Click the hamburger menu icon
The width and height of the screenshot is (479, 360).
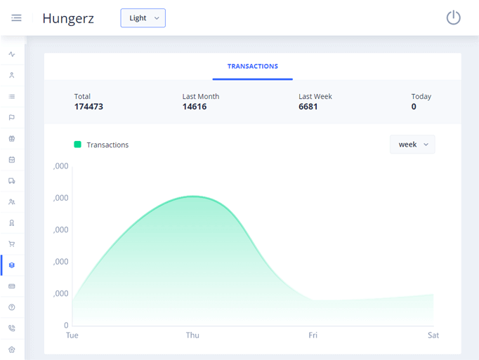pos(16,18)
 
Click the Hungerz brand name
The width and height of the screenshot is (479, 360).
pos(68,18)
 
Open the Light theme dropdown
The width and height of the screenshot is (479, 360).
pos(143,18)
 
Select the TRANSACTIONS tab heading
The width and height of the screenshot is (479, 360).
pos(252,67)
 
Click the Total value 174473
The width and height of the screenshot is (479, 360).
pos(88,107)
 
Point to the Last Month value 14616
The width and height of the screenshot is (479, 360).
pos(195,107)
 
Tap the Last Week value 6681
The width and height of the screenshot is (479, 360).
pos(308,107)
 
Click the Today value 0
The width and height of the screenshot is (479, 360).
pos(414,107)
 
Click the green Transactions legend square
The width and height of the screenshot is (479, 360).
pos(78,145)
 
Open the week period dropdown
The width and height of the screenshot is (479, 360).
pos(412,145)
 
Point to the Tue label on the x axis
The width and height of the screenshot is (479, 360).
pos(72,335)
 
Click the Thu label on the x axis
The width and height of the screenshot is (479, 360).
pos(192,335)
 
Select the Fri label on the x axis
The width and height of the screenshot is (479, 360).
pos(313,335)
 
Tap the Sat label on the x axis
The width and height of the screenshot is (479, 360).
pos(433,335)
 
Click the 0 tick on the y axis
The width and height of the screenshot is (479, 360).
pos(67,326)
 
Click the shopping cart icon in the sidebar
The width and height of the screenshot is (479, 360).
pos(12,244)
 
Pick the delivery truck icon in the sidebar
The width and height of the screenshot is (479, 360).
pos(12,181)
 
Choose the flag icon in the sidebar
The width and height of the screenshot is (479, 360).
pos(12,118)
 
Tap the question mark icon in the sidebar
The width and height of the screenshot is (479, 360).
pos(12,307)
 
